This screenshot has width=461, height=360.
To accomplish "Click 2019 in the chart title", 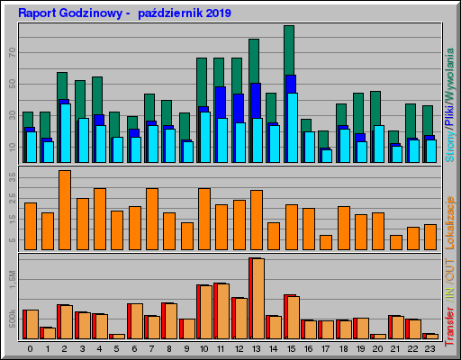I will (x=214, y=13).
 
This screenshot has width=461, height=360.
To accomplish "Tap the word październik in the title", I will (x=163, y=13).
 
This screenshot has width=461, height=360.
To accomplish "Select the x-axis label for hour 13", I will (x=256, y=347).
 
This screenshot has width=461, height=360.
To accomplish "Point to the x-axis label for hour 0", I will (x=30, y=347).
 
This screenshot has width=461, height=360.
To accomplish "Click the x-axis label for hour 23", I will (x=429, y=347).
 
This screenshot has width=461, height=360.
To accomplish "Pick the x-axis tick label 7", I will (x=151, y=347).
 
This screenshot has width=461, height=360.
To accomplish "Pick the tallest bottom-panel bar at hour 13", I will (x=256, y=297).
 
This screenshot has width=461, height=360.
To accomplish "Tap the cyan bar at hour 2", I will (x=65, y=131).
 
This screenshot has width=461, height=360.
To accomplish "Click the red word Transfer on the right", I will (x=450, y=320).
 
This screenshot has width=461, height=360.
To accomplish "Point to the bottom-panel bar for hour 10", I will (x=204, y=310).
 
